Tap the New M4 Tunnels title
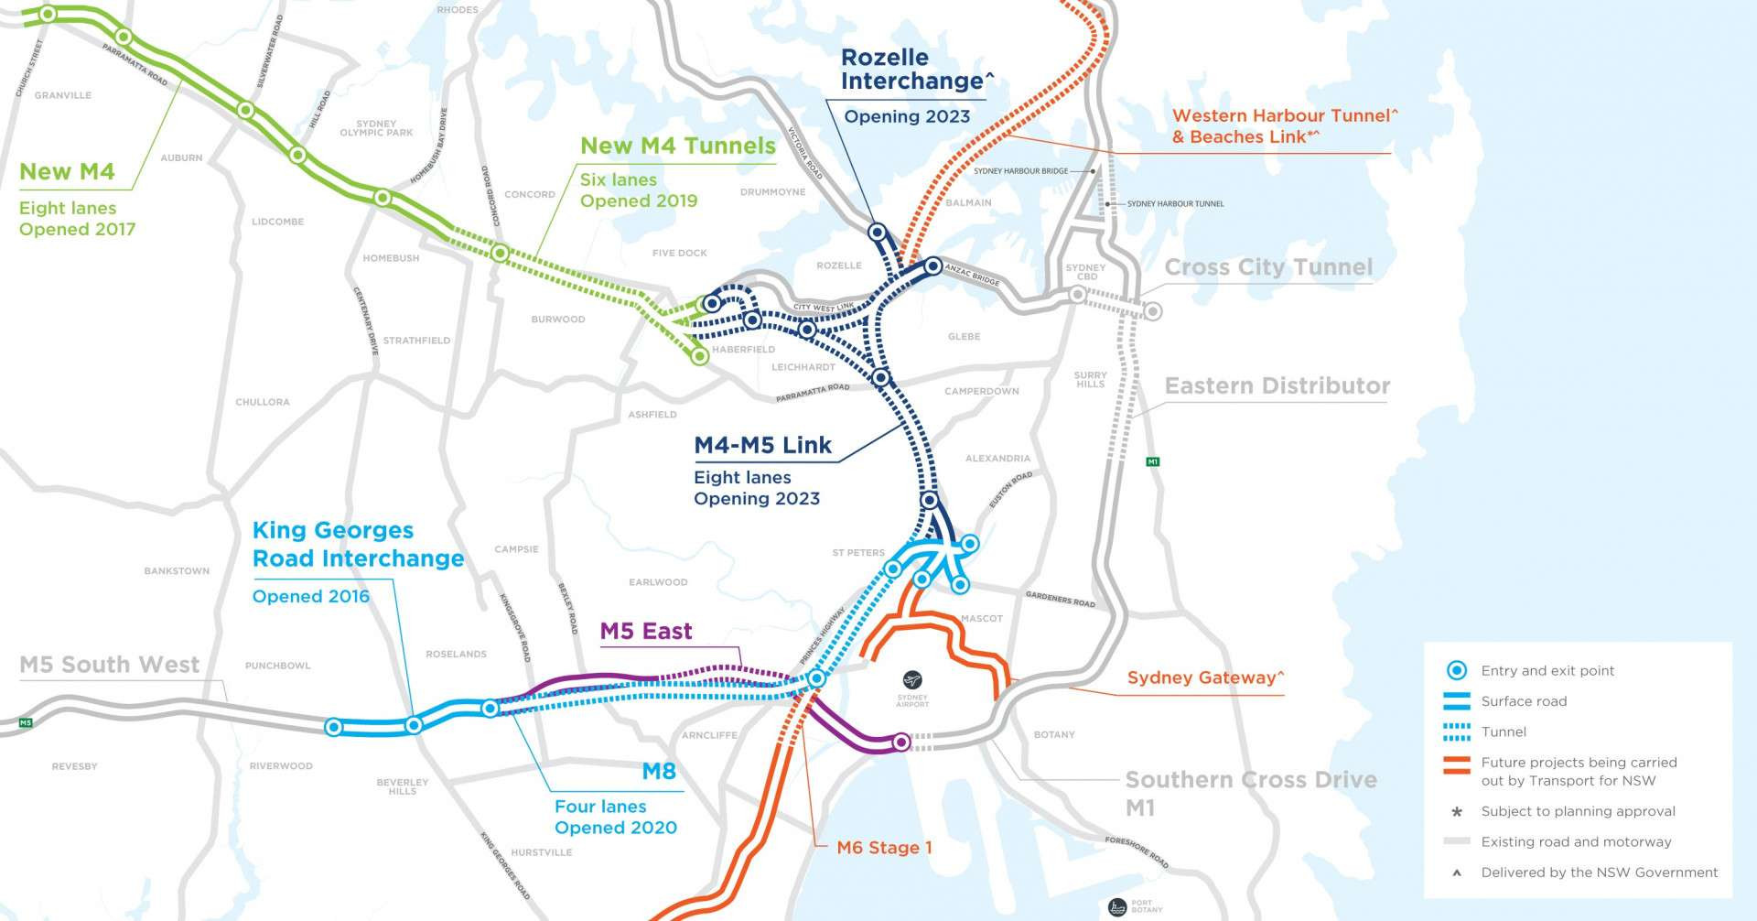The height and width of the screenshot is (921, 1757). tap(677, 146)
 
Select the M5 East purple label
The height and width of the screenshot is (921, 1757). tap(645, 632)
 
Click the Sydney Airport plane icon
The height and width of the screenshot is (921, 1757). tap(911, 680)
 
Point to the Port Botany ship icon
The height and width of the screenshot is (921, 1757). tap(1116, 907)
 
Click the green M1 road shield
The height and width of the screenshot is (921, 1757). tap(1153, 461)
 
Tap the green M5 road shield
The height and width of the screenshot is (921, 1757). tap(26, 723)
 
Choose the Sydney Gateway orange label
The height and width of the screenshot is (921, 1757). tap(1205, 677)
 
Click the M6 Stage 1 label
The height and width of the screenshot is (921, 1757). tap(884, 848)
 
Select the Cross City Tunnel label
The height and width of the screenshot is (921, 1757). tap(1268, 267)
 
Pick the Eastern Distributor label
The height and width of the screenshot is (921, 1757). tap(1277, 386)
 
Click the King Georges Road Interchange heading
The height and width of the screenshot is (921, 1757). tap(357, 545)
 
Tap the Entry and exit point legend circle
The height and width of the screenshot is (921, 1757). tap(1456, 670)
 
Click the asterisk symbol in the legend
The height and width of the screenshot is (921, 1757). tap(1457, 812)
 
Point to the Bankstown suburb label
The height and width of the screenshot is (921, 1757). tap(177, 571)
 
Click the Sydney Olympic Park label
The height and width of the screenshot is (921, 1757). tap(376, 128)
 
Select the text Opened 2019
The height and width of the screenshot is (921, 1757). tap(638, 201)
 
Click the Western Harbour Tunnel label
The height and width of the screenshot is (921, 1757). tap(1284, 116)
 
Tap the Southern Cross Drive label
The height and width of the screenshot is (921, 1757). tap(1250, 781)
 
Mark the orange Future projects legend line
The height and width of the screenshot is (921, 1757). tap(1456, 765)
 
